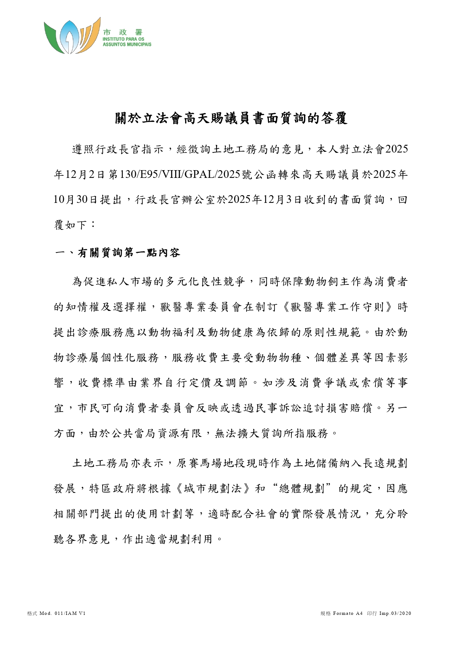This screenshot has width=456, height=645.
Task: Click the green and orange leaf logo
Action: (x=72, y=36)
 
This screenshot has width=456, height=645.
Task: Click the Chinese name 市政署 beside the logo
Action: (x=122, y=33)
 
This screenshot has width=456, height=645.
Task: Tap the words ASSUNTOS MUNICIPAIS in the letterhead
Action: (x=127, y=44)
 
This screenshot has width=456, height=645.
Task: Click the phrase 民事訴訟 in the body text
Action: (x=278, y=408)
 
